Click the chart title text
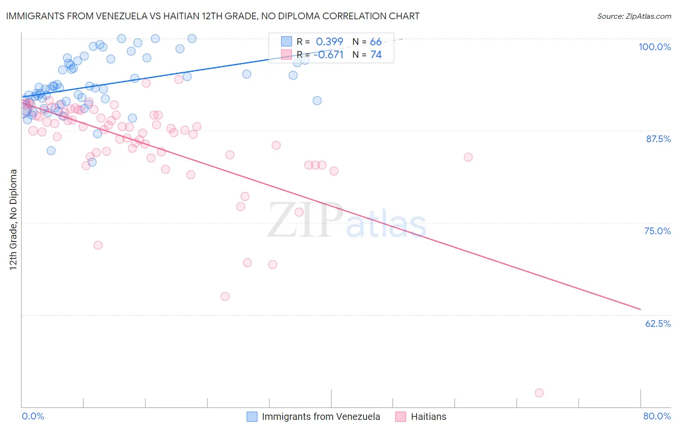pyautogui.click(x=212, y=16)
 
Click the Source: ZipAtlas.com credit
pyautogui.click(x=634, y=16)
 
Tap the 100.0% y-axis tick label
pyautogui.click(x=654, y=47)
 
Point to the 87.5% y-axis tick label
pyautogui.click(x=658, y=139)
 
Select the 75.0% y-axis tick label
pyautogui.click(x=657, y=231)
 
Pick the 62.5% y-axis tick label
pyautogui.click(x=658, y=323)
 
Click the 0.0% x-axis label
pyautogui.click(x=33, y=416)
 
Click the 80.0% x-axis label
pyautogui.click(x=657, y=416)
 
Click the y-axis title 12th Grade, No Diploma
pyautogui.click(x=13, y=219)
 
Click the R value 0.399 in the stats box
pyautogui.click(x=329, y=41)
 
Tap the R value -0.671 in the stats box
pyautogui.click(x=328, y=54)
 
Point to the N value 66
pyautogui.click(x=376, y=41)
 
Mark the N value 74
pyautogui.click(x=376, y=54)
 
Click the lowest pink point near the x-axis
pyautogui.click(x=539, y=393)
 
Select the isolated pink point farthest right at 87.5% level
pyautogui.click(x=468, y=157)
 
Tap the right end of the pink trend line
pyautogui.click(x=640, y=309)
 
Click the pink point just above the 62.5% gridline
pyautogui.click(x=225, y=296)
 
